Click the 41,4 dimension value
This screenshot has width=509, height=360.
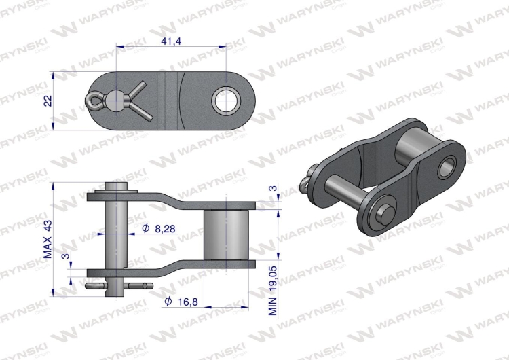click(171, 41)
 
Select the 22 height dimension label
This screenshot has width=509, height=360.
click(48, 101)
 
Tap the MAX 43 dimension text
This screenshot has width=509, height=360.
click(48, 239)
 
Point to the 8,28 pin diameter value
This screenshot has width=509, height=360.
click(165, 229)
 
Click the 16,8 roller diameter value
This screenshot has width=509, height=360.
click(188, 302)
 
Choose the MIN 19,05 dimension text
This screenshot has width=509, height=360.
click(273, 291)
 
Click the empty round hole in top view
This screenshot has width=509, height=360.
click(226, 101)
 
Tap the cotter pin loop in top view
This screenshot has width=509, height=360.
click(92, 101)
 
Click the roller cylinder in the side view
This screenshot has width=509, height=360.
click(226, 234)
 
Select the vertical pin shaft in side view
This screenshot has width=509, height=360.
click(115, 240)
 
